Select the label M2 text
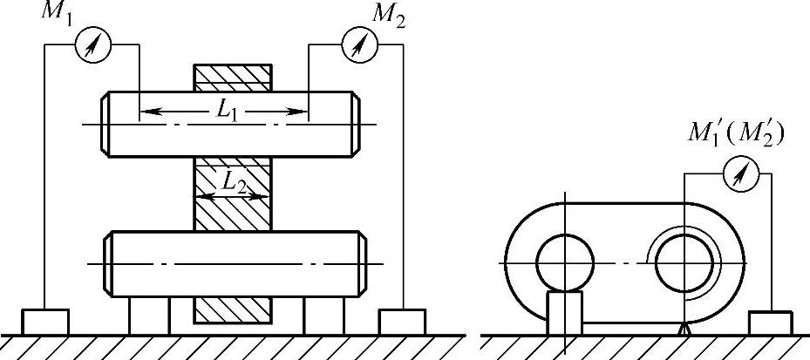[385, 14]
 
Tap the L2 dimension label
[232, 181]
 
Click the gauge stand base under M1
[44, 322]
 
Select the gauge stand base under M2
[402, 322]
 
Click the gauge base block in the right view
[770, 323]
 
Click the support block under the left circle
[564, 313]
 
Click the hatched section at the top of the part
[232, 77]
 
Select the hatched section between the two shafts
[232, 194]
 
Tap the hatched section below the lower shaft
[232, 309]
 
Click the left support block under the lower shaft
[148, 315]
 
